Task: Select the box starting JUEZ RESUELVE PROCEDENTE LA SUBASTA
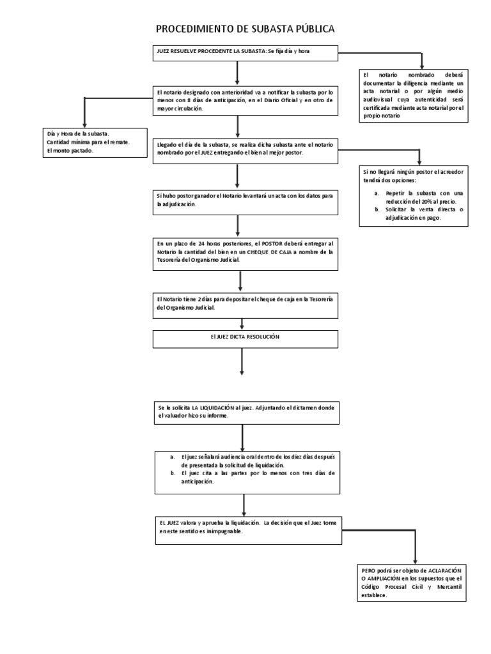[x=245, y=53]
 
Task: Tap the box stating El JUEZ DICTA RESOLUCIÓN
[x=245, y=338]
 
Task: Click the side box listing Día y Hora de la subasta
[x=86, y=142]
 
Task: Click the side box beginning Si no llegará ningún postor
[x=416, y=195]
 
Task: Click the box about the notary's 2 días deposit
[x=245, y=303]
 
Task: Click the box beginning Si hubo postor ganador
[x=245, y=200]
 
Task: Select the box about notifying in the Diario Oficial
[x=245, y=100]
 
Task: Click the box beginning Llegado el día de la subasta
[x=245, y=149]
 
